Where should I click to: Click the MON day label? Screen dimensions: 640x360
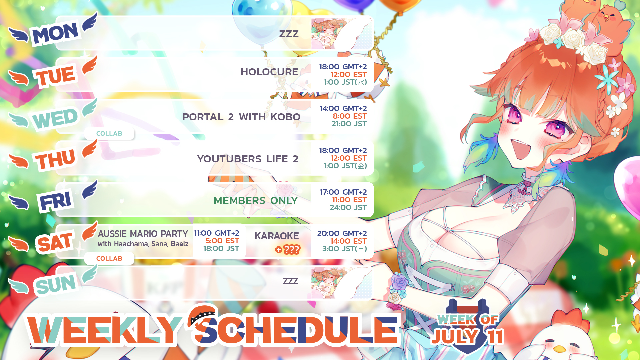tap(55, 33)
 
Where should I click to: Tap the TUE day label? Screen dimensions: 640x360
tap(55, 76)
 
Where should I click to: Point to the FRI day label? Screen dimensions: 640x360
tap(55, 201)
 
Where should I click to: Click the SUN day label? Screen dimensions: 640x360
tap(56, 285)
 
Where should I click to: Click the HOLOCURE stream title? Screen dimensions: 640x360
tap(269, 72)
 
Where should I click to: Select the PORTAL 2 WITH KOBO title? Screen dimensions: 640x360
tap(241, 117)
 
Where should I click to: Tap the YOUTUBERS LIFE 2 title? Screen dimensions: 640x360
tap(248, 159)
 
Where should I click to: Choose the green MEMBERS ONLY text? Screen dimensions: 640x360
tap(256, 201)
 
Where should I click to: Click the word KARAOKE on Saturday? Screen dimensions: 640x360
tap(277, 236)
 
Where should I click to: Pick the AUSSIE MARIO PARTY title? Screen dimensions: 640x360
tap(143, 234)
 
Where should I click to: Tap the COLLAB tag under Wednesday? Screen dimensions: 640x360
tap(109, 134)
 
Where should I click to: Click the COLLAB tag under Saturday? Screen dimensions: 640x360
tap(109, 259)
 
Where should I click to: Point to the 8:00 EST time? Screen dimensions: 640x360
tap(350, 116)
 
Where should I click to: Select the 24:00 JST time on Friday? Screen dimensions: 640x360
tap(348, 208)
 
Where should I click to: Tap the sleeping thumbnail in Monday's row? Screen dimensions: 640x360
tap(342, 33)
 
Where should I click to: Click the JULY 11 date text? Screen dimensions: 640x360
tap(467, 337)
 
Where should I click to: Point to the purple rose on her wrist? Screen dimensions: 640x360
tap(400, 283)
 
